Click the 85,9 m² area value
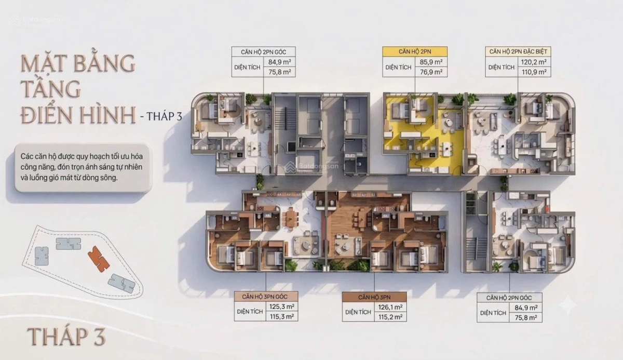[431, 62]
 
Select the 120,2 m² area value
[534, 62]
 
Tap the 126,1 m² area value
[390, 307]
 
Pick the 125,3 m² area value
[282, 306]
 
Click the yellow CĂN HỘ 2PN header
[415, 52]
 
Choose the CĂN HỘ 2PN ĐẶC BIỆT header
[518, 51]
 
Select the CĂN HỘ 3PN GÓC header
[266, 297]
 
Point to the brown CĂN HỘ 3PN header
[374, 297]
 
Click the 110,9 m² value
[534, 72]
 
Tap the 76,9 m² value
[431, 72]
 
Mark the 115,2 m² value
[390, 317]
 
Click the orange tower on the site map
[99, 259]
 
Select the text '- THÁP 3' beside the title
[161, 116]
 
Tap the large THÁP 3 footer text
[66, 336]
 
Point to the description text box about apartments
[83, 167]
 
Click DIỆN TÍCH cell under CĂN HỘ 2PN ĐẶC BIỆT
[502, 67]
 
